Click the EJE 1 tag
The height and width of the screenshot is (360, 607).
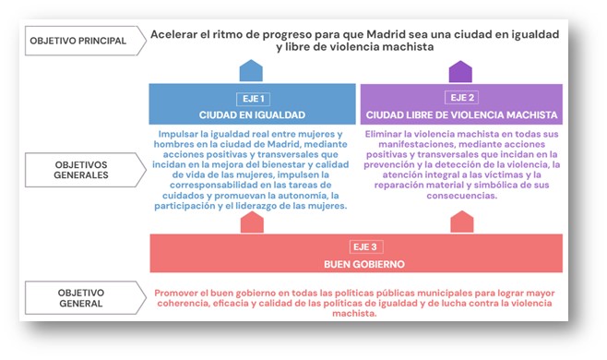click(252, 97)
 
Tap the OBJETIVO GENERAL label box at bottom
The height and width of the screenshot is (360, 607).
click(79, 297)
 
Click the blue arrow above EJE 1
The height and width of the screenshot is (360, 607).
click(252, 71)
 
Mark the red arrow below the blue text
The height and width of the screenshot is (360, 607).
click(252, 222)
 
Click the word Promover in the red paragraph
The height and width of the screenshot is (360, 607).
click(181, 293)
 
